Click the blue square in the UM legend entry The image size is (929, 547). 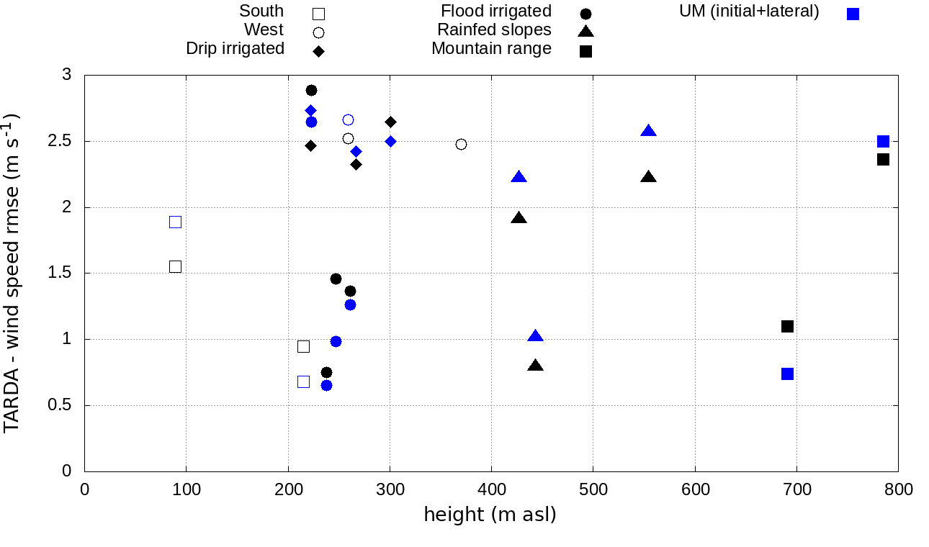point(853,14)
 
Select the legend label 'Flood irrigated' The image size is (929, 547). point(496,12)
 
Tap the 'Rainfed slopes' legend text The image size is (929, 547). point(494,30)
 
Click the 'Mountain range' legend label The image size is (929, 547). point(491,49)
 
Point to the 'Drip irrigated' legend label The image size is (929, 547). point(235,49)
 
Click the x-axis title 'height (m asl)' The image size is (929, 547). point(490,515)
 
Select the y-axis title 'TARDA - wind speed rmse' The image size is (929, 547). point(13,273)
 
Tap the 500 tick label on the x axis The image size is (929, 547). point(593,490)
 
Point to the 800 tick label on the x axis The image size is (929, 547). point(898,490)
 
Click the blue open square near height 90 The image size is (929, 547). point(175,222)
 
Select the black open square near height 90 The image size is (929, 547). point(175,266)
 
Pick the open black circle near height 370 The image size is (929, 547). point(461,144)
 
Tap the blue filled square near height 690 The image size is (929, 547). point(787,374)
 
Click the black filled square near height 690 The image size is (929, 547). point(787,326)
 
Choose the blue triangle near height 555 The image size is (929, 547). point(649,131)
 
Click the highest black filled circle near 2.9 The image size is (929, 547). point(311,90)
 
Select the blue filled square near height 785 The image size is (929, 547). point(883,141)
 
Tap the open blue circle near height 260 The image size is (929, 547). point(348,119)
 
